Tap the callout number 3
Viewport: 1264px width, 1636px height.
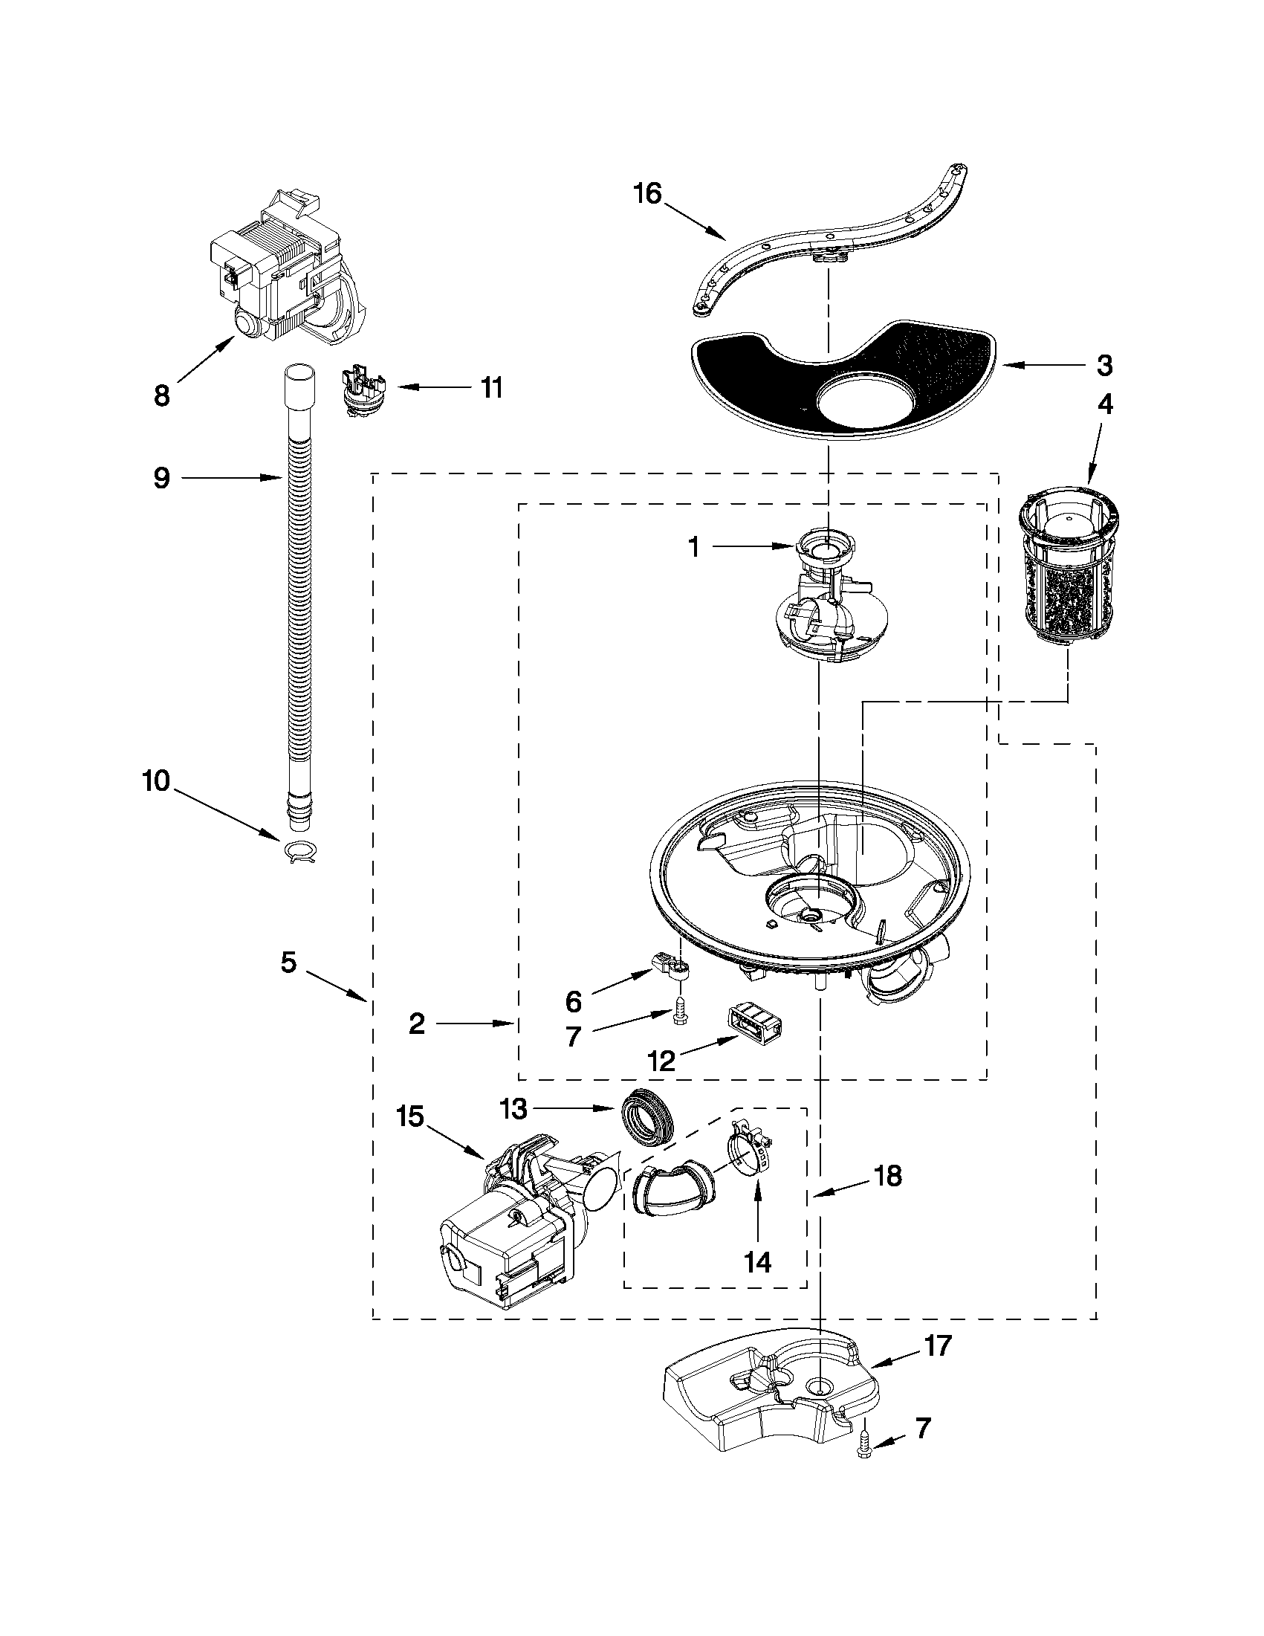click(1104, 366)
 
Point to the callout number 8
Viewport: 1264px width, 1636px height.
click(162, 395)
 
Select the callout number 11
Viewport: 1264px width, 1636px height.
click(490, 388)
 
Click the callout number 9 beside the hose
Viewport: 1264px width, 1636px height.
click(162, 478)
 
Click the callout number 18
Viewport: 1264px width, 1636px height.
click(887, 1177)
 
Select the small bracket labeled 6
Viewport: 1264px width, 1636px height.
click(669, 970)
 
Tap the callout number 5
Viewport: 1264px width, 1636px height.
click(289, 962)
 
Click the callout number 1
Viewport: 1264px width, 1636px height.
click(694, 548)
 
